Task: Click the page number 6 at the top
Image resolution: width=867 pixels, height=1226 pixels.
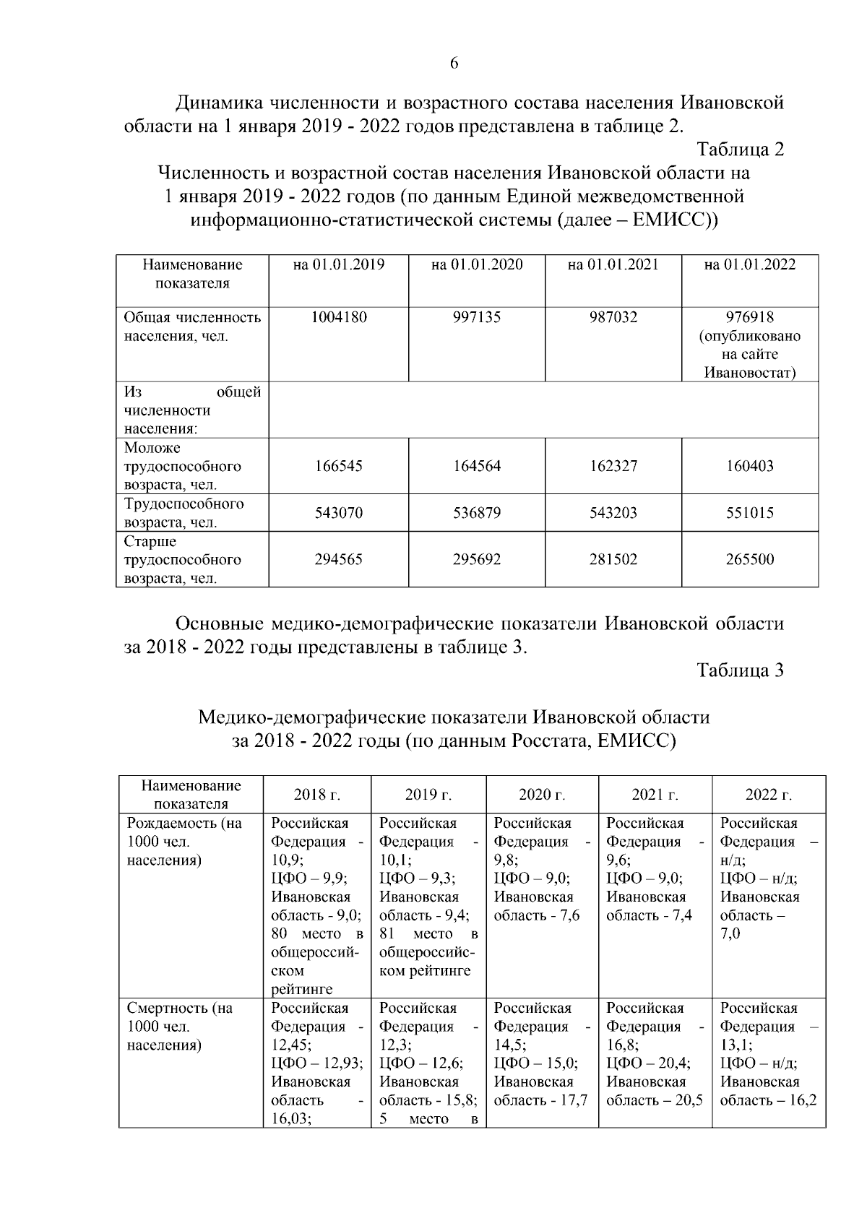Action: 454,64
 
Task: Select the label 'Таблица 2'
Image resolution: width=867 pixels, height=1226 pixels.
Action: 740,150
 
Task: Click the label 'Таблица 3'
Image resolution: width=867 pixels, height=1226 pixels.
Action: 740,670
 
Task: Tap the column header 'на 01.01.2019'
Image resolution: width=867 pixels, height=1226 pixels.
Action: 338,264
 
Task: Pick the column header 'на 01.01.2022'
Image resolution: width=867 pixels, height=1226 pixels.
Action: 749,264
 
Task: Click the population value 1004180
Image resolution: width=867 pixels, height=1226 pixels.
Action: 338,317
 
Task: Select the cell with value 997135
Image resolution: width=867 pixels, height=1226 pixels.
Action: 476,317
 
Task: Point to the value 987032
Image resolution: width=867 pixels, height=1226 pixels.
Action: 613,317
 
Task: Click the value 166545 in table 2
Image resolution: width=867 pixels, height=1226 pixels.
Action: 338,466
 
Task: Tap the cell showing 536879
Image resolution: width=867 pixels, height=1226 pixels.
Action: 476,513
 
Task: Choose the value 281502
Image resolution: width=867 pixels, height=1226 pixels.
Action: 613,559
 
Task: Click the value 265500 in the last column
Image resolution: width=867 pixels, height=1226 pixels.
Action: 749,559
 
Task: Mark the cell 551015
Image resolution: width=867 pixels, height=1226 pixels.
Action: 749,513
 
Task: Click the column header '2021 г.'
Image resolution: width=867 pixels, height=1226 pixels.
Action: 655,795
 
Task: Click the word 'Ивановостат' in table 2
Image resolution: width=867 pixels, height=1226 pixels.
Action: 749,374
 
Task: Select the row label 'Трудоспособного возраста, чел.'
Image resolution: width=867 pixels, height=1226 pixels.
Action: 184,513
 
